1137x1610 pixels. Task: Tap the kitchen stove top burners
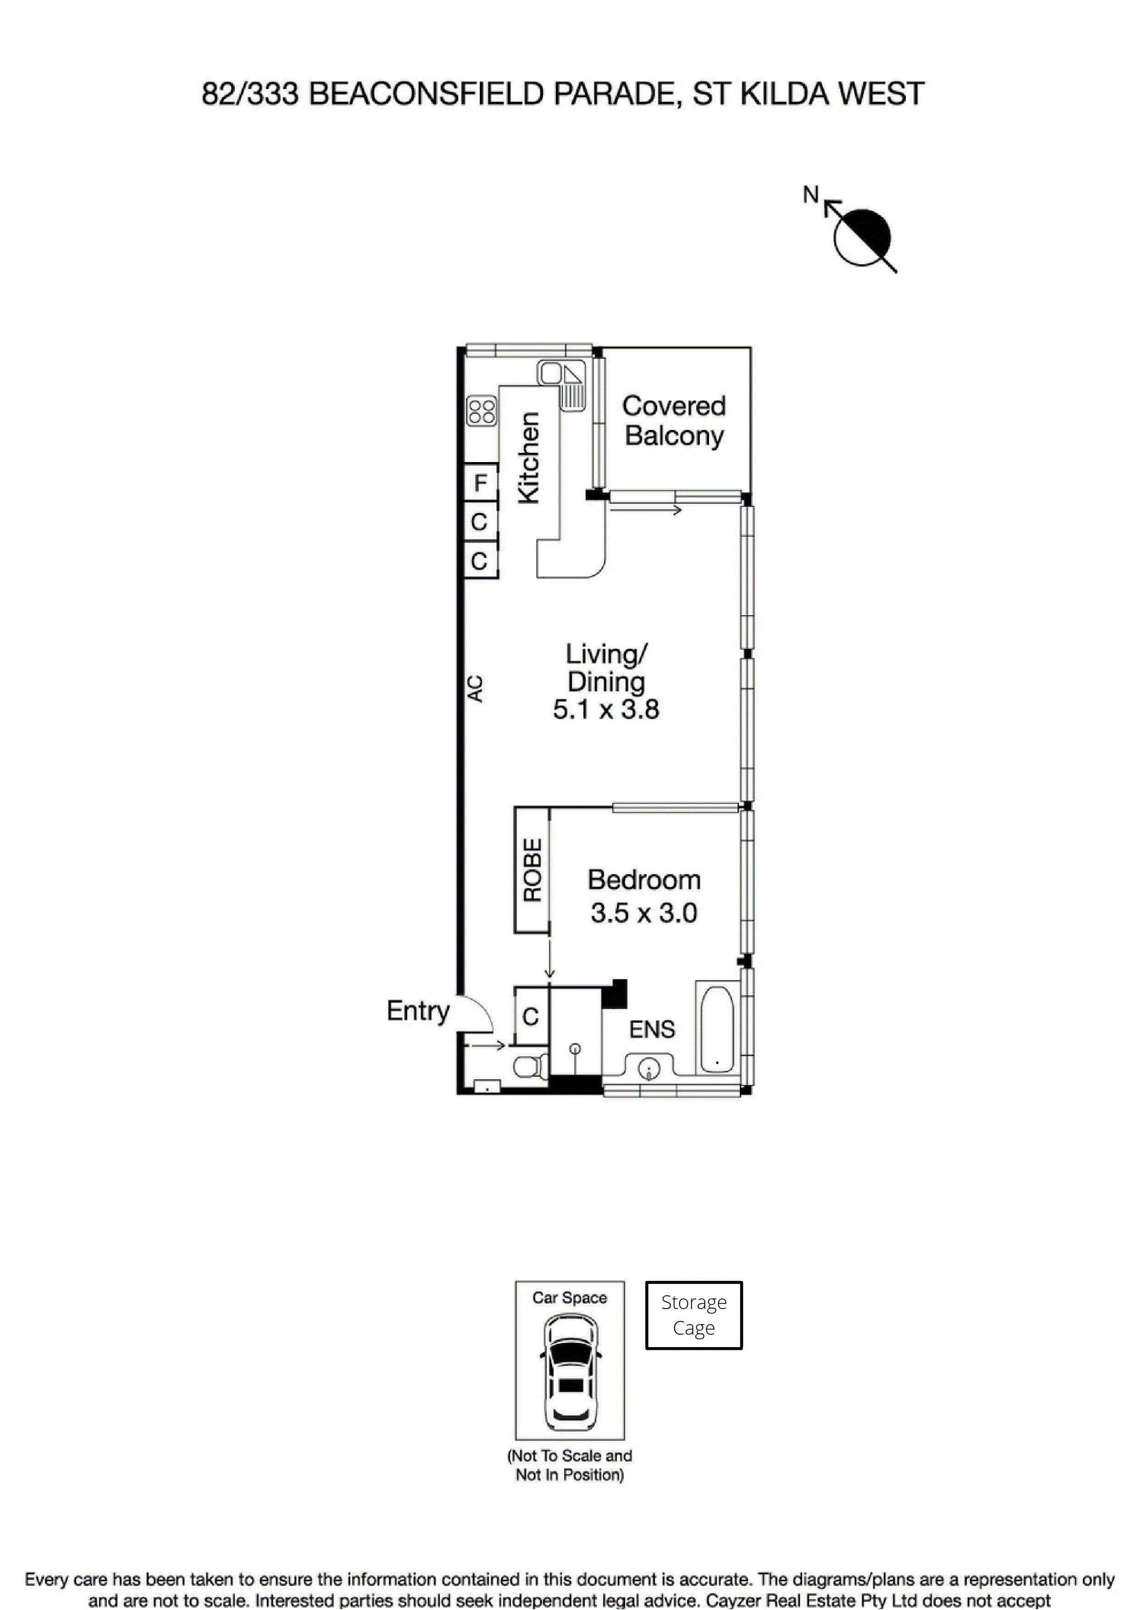click(x=482, y=411)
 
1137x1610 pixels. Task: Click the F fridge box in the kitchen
click(x=480, y=482)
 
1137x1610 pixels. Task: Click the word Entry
click(x=418, y=1010)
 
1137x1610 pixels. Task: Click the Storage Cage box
click(x=693, y=1315)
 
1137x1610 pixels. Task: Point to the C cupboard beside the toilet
click(x=531, y=1016)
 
